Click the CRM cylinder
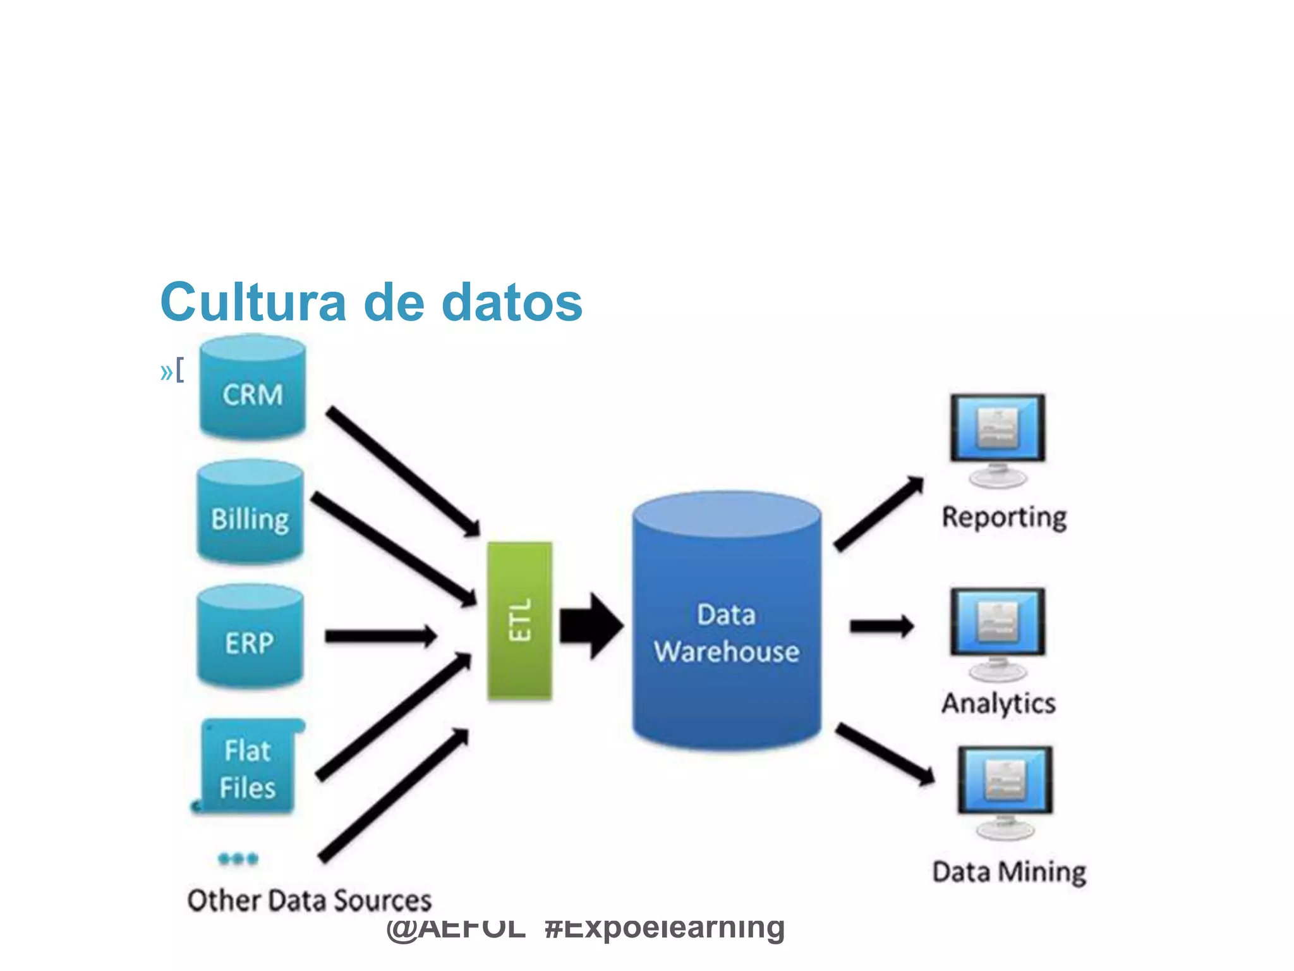click(x=253, y=388)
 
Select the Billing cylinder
click(x=250, y=513)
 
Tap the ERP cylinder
click(x=250, y=637)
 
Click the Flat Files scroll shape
click(x=248, y=767)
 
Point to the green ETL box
click(x=519, y=621)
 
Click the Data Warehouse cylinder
click(x=727, y=623)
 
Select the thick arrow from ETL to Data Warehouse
click(x=591, y=626)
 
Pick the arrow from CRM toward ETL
click(x=402, y=471)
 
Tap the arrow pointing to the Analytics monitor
click(x=881, y=626)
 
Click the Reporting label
click(x=1004, y=517)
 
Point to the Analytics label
click(x=998, y=703)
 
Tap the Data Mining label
click(x=1009, y=872)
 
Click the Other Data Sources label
click(x=309, y=900)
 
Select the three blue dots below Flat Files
click(x=238, y=858)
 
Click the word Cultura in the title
click(x=253, y=302)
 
